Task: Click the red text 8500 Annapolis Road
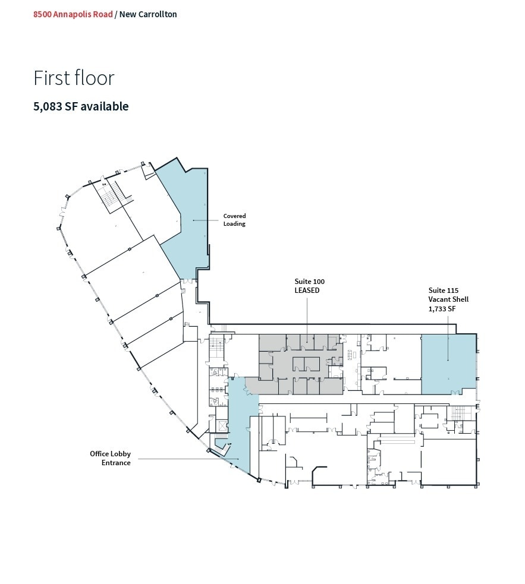tap(73, 14)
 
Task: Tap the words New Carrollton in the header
tap(148, 14)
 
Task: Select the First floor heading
tap(74, 78)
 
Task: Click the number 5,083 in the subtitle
tap(49, 106)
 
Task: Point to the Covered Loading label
tap(234, 220)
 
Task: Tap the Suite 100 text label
tap(309, 281)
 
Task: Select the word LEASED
tap(307, 291)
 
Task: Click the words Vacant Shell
tap(448, 299)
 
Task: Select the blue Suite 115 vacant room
tap(448, 364)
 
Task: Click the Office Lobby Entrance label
tap(110, 458)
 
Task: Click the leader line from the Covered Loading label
tap(208, 220)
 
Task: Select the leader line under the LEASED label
tap(307, 315)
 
